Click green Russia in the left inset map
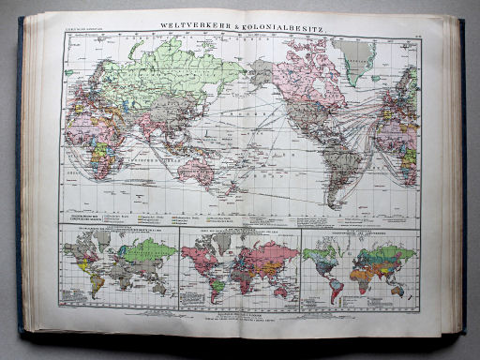tap(154, 251)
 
